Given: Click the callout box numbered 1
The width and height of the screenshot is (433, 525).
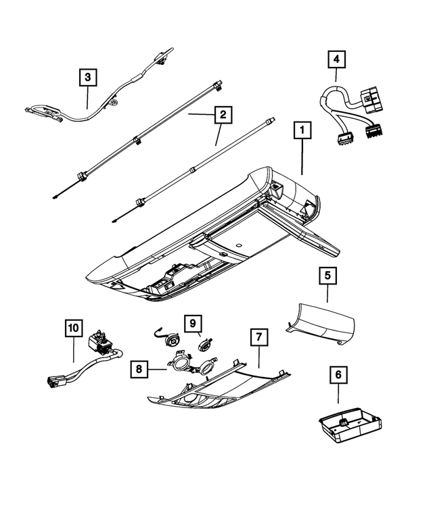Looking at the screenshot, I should pyautogui.click(x=302, y=132).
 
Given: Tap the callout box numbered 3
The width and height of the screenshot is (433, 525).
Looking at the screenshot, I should pyautogui.click(x=87, y=78).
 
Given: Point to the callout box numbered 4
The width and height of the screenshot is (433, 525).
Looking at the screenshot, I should pyautogui.click(x=336, y=59).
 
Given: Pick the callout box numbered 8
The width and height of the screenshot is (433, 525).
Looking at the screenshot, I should pyautogui.click(x=139, y=369).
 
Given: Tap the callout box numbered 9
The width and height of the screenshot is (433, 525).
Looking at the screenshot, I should pyautogui.click(x=192, y=323).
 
